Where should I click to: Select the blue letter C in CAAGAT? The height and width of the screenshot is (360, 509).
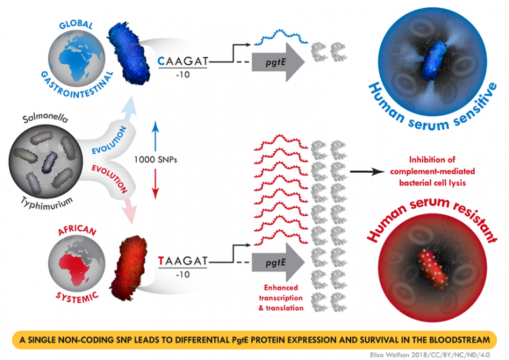click(x=162, y=62)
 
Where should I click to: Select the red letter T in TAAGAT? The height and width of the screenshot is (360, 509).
click(x=162, y=261)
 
